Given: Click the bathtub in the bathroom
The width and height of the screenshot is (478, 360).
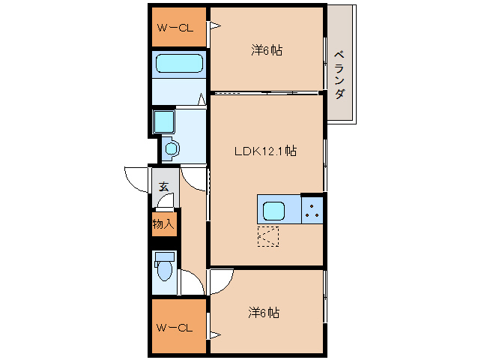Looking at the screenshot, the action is coord(179,64).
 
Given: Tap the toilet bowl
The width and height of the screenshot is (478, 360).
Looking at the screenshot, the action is coord(165,271).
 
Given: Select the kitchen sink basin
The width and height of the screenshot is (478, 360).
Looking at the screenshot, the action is coord(273,211).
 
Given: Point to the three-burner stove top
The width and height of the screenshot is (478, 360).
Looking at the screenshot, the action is coord(312,211).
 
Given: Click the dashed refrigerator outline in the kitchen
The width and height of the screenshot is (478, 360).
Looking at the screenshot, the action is coord(268,236).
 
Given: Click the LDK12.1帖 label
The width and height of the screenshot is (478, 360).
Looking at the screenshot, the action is coord(265,151).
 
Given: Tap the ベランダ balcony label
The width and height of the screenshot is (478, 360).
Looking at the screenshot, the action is coord(340,75).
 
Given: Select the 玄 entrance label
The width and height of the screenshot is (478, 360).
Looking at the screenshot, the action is coord(163,187).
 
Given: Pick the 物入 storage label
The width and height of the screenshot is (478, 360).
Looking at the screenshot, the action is coord(163,224).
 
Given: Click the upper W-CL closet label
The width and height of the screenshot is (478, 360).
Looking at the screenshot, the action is coord(175,28).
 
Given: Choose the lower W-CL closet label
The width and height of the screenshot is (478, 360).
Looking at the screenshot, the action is coord(175,328).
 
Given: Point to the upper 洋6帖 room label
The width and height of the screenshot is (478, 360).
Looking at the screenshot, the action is coord(267,50).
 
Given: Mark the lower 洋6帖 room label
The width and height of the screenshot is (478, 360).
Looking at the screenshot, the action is coord(264,313).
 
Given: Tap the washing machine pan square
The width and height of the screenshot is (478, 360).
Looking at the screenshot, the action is coord(164,121).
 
